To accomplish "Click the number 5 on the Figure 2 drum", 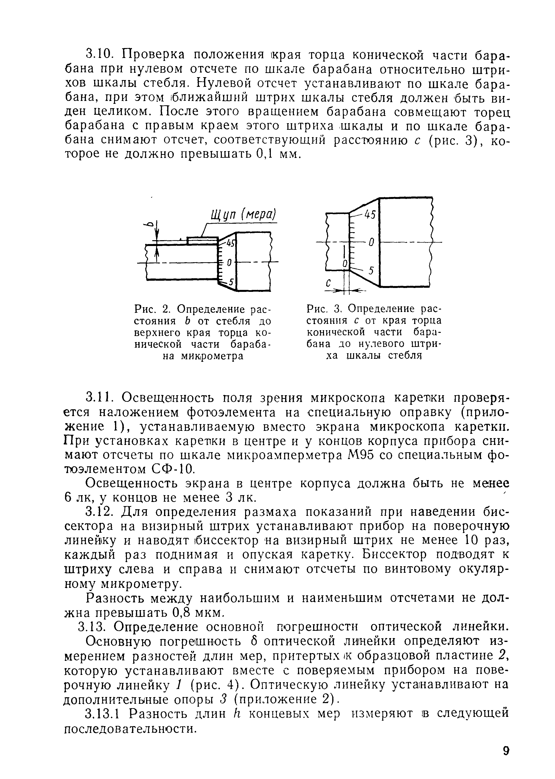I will [x=231, y=282].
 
